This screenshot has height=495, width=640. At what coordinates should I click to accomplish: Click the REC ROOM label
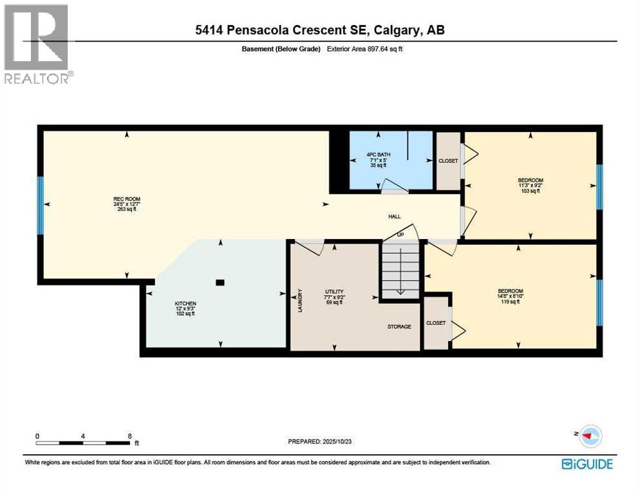coord(126,199)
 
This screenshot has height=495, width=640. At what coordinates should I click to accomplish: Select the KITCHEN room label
coord(185,304)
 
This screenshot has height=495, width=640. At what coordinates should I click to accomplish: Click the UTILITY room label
coord(333,291)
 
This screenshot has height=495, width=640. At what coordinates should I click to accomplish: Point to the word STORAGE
coord(399,327)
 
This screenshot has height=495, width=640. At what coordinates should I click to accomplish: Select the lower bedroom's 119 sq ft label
coord(510,302)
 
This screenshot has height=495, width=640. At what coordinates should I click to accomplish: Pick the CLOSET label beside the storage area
coord(436,323)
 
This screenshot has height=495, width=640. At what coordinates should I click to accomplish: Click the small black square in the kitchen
coord(220,282)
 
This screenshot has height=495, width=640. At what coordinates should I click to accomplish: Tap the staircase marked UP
coord(400,267)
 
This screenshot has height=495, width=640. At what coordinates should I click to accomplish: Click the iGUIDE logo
coord(587,463)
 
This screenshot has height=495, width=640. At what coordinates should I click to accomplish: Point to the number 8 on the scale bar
coord(129,436)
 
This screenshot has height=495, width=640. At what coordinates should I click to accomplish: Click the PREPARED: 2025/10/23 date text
coord(321,442)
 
